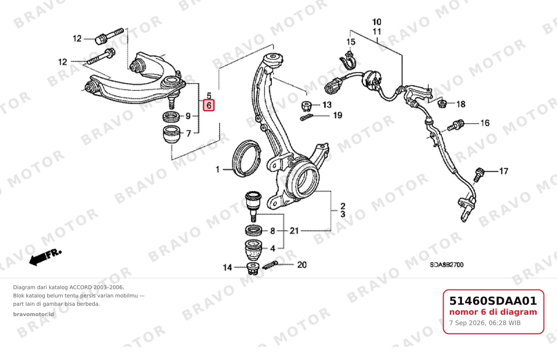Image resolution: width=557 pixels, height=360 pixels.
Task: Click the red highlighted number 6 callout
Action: (x=209, y=105)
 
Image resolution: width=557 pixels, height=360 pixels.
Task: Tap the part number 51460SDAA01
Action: (x=493, y=301)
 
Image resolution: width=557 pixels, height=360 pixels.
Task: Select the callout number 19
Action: (x=338, y=116)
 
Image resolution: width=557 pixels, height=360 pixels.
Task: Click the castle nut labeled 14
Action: (x=253, y=268)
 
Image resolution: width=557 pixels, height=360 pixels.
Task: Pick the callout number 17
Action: (x=503, y=171)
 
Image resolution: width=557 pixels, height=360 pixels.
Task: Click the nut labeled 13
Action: (x=306, y=106)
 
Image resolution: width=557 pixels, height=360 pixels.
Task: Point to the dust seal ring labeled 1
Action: (x=246, y=159)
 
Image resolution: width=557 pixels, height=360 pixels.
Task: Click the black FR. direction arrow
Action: (x=45, y=258)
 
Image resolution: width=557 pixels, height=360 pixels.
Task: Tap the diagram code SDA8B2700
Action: (x=446, y=265)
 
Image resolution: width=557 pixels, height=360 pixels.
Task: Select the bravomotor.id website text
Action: (x=34, y=314)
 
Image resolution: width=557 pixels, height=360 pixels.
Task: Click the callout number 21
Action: (x=294, y=231)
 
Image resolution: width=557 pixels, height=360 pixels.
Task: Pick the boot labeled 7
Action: (x=171, y=135)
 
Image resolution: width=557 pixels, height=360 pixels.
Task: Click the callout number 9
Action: (x=188, y=116)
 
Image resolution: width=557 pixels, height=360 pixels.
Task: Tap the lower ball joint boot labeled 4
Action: (x=254, y=250)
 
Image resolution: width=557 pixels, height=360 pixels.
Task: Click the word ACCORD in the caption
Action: (x=81, y=287)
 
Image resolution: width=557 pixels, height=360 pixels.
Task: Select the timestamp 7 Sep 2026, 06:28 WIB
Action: (x=485, y=323)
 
